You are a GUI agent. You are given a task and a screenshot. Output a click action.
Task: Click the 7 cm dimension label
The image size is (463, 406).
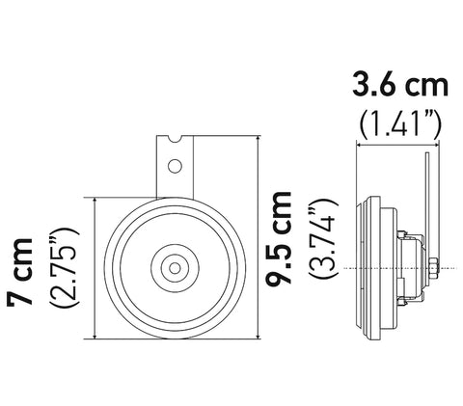(x=20, y=272)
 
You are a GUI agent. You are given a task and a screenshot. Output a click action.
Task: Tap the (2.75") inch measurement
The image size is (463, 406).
(x=64, y=267)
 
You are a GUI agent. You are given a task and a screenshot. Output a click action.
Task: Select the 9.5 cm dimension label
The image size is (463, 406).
(x=279, y=238)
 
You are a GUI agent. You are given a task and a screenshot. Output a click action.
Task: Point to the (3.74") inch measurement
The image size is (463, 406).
(x=323, y=238)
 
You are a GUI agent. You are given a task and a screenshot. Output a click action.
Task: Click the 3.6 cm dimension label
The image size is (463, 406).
(x=400, y=85)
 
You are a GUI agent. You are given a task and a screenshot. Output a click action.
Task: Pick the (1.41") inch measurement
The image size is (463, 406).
(x=400, y=123)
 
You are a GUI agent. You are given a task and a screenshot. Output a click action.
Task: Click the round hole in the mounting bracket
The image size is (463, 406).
(x=175, y=166)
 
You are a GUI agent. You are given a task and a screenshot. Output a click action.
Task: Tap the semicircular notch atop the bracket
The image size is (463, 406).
(x=176, y=138)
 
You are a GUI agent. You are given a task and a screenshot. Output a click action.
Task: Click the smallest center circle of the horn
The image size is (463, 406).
(x=175, y=268)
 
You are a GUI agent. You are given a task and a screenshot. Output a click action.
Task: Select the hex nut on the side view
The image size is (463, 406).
(x=433, y=268)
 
